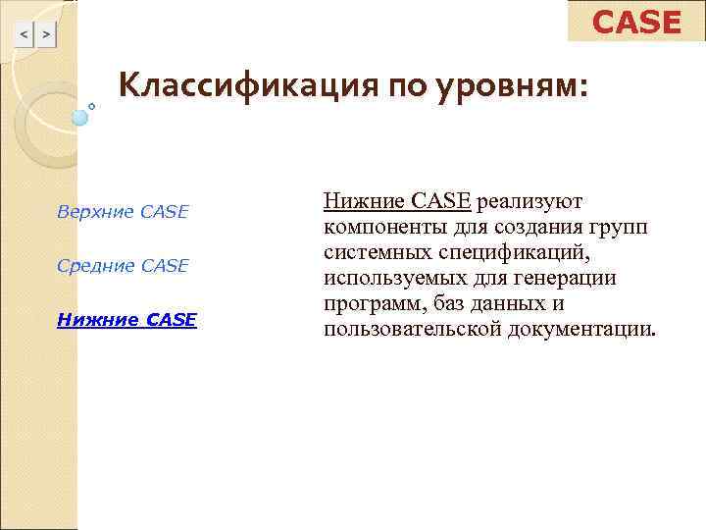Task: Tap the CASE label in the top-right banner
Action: (x=636, y=22)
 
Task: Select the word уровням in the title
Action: (x=509, y=86)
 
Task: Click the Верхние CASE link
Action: (x=123, y=212)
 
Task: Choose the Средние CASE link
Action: (x=123, y=265)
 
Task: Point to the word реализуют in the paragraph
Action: (x=530, y=201)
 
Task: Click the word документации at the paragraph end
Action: (x=579, y=329)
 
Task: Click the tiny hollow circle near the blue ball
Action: (x=92, y=105)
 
